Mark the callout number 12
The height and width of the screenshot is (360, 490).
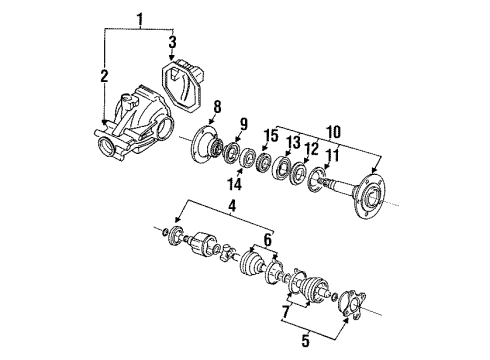pyautogui.click(x=315, y=148)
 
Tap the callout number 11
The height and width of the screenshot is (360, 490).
pyautogui.click(x=333, y=156)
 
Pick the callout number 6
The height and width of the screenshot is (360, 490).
pyautogui.click(x=267, y=241)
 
